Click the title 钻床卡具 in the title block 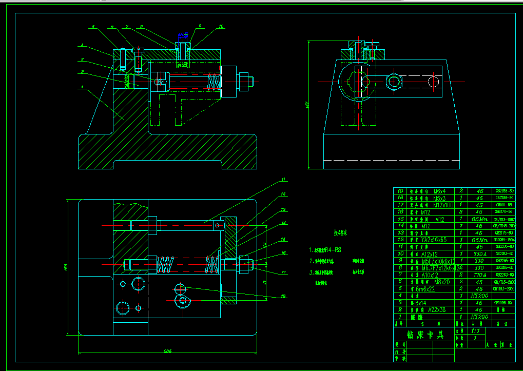[424, 335]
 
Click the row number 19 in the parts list [399, 190]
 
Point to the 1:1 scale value [475, 331]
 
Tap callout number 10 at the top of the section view [221, 26]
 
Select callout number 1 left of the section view [82, 87]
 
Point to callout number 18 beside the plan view [283, 296]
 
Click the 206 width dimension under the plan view [167, 352]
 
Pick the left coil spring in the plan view [164, 264]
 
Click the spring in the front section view [214, 81]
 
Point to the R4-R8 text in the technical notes [333, 250]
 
